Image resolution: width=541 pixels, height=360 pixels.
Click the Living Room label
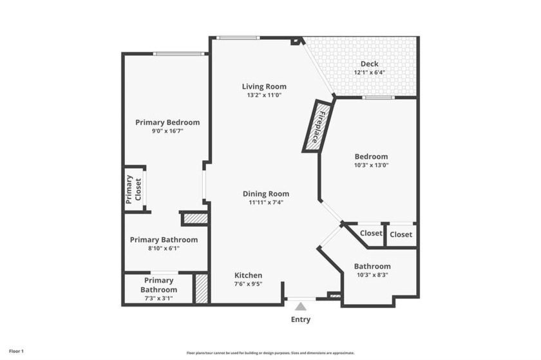(264, 86)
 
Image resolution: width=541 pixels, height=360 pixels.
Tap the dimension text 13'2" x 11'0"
(264, 95)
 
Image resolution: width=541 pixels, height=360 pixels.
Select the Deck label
(369, 64)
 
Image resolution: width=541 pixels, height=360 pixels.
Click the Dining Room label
(265, 194)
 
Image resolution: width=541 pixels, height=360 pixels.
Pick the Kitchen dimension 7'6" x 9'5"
(248, 284)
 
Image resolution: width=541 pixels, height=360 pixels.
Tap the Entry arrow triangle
(301, 307)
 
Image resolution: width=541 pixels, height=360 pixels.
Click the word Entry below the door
(301, 319)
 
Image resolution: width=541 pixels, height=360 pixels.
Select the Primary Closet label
(133, 189)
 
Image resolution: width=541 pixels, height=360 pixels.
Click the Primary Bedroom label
(167, 122)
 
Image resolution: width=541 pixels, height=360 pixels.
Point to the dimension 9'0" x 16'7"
(167, 131)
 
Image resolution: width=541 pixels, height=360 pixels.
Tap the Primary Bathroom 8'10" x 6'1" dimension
(164, 249)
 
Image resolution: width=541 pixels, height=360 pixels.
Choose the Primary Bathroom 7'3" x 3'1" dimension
(158, 298)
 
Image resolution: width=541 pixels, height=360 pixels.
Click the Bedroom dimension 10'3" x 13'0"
(371, 165)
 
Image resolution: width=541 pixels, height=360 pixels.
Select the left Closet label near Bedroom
(371, 233)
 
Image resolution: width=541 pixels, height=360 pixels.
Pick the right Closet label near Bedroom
(401, 234)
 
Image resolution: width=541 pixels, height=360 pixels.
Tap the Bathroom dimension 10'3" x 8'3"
(372, 275)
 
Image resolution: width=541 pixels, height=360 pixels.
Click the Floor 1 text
(17, 352)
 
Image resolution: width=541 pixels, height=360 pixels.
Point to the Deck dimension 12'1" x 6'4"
(369, 73)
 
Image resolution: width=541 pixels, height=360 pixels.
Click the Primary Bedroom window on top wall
(178, 53)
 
